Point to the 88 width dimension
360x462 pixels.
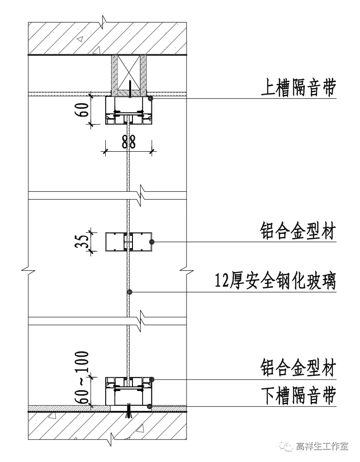click(129, 142)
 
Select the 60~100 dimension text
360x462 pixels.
click(83, 377)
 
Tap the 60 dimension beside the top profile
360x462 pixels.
click(83, 111)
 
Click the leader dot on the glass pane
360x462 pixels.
click(130, 292)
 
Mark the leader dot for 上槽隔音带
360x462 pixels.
click(150, 98)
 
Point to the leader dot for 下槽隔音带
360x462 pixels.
click(150, 406)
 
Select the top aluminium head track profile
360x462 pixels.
click(129, 111)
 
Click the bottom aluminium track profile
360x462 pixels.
click(129, 391)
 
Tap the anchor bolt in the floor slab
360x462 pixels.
click(129, 412)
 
